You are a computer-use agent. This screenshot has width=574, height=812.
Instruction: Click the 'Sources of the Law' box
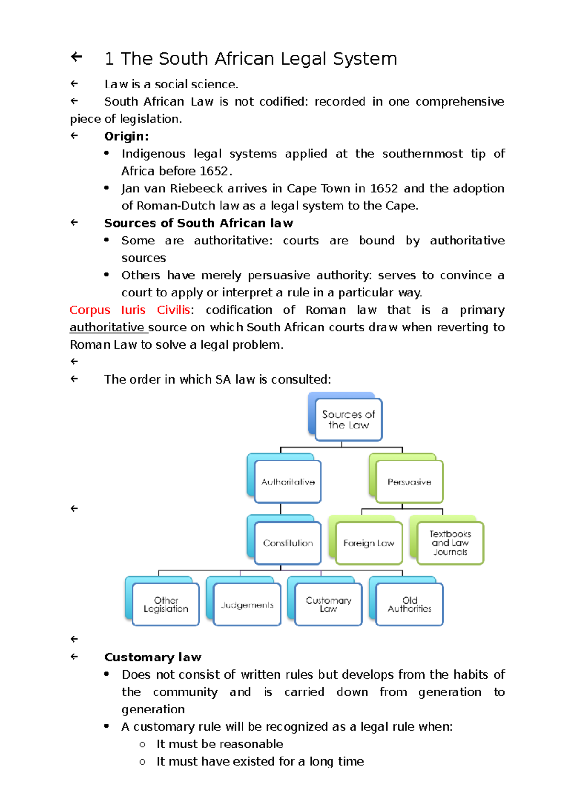click(348, 419)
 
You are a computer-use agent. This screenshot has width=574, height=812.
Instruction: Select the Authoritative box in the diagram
click(287, 482)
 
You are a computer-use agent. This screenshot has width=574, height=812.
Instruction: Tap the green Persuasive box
click(409, 482)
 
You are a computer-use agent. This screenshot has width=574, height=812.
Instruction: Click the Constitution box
click(287, 543)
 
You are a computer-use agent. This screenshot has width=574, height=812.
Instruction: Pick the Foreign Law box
click(369, 543)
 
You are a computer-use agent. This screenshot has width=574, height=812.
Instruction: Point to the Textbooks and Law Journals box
click(450, 543)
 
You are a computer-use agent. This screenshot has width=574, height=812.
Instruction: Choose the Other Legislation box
click(166, 604)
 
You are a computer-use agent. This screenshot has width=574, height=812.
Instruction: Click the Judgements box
click(247, 605)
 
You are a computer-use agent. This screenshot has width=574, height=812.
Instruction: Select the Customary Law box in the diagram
click(328, 604)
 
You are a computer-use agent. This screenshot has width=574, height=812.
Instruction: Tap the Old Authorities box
click(409, 604)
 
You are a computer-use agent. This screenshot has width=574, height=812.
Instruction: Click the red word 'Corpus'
click(89, 310)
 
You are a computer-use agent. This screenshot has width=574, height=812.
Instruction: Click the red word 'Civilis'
click(173, 310)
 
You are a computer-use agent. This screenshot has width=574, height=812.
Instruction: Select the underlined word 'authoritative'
click(107, 328)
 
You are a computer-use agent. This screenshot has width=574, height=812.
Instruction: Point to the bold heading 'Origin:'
click(126, 136)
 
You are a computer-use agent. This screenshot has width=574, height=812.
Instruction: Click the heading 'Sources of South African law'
click(199, 223)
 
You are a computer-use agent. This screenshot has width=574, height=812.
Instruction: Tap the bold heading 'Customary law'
click(153, 657)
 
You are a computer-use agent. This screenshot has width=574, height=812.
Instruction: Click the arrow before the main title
click(77, 57)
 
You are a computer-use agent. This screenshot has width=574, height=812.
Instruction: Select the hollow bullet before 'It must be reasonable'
click(142, 745)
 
